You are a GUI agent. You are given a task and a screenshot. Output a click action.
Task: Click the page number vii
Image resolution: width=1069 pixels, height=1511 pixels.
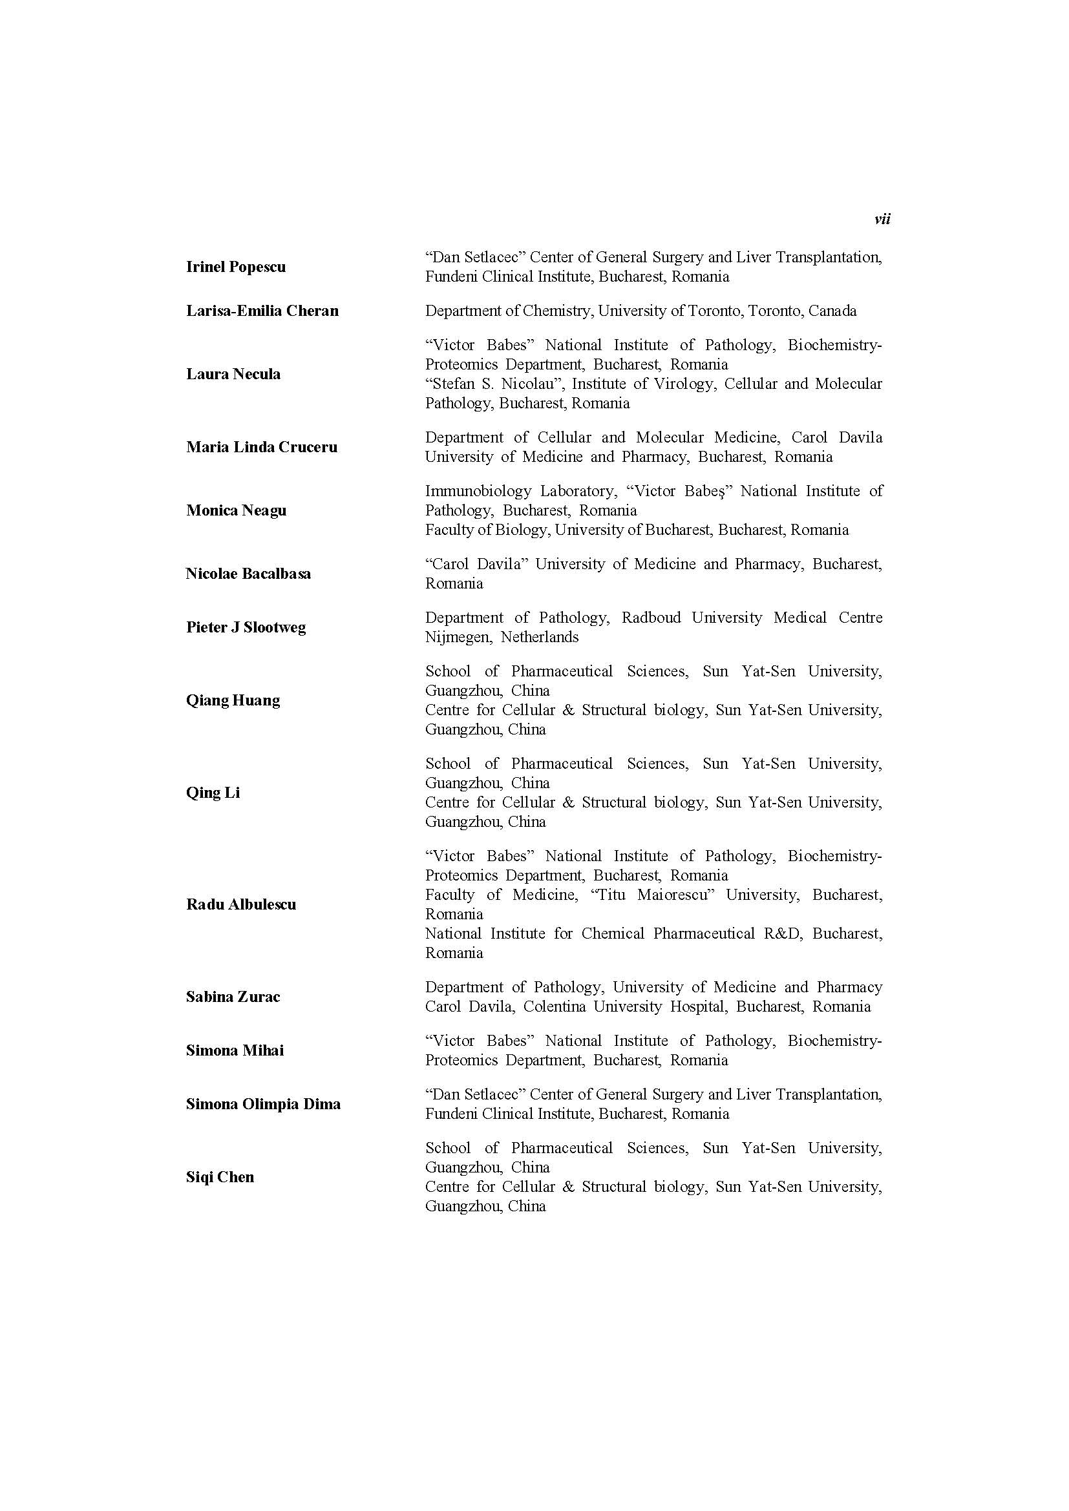(x=882, y=219)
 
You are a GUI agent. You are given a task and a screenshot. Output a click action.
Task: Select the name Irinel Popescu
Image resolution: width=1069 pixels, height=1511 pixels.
(x=236, y=267)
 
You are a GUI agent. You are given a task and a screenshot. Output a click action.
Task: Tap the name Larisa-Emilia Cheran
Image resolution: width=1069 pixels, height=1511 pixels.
(x=262, y=311)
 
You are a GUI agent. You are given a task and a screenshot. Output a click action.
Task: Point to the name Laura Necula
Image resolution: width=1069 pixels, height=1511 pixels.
(x=233, y=374)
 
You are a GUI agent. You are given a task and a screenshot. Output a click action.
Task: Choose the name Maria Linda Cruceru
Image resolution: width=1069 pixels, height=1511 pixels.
(x=261, y=447)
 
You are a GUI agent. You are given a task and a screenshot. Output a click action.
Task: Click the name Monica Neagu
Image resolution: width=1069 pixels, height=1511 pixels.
(x=236, y=510)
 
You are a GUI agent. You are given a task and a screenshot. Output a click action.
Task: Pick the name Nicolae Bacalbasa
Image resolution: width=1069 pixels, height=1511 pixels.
(x=248, y=573)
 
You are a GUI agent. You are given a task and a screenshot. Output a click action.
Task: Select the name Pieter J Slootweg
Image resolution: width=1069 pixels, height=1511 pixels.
(x=246, y=627)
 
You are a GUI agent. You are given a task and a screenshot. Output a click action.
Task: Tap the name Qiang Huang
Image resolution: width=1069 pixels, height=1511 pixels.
(x=233, y=700)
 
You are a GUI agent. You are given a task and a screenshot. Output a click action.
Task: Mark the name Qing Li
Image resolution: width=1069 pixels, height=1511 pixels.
(x=213, y=793)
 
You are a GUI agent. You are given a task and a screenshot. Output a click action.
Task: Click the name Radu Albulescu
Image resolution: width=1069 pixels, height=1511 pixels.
(x=241, y=904)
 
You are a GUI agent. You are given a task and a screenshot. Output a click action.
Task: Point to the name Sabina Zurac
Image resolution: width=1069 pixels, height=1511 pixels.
(x=233, y=996)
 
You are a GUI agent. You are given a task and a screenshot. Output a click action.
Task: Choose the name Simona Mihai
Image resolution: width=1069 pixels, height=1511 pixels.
(x=235, y=1050)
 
